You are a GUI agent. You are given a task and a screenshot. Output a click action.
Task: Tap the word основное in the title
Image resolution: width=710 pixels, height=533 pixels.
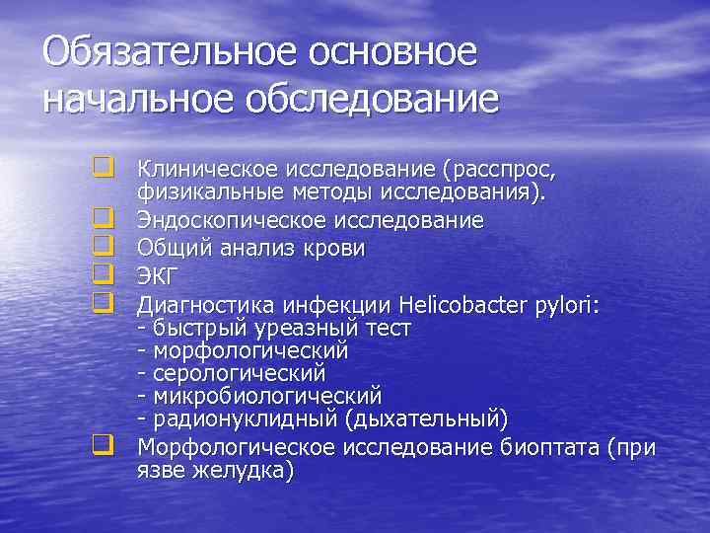pyautogui.click(x=394, y=53)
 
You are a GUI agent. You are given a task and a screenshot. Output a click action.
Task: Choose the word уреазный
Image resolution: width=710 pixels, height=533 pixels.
pyautogui.click(x=319, y=328)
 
